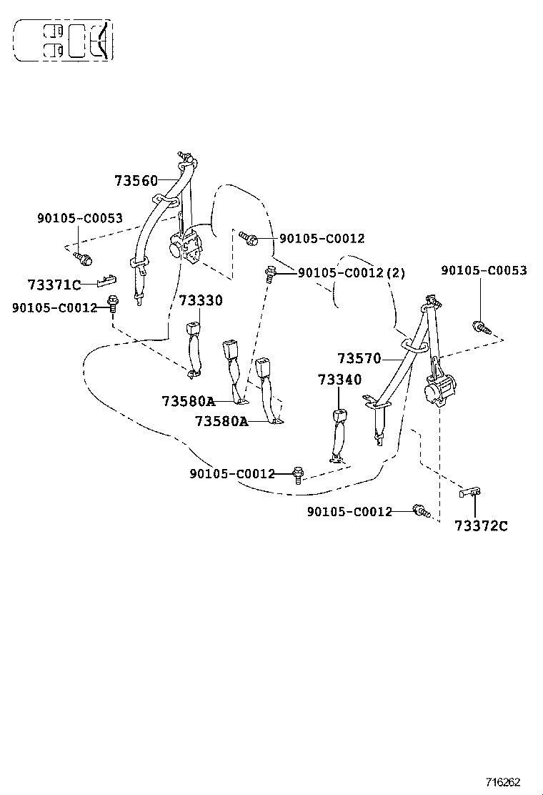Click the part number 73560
[136, 181]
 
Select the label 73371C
[54, 285]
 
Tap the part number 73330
[200, 301]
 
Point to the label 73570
[359, 358]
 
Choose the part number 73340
[340, 380]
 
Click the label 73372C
[481, 526]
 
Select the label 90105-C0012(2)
[351, 272]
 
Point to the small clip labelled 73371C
[106, 279]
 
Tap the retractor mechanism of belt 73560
[187, 250]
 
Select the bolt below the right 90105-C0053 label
[480, 328]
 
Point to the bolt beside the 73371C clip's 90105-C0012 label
[112, 303]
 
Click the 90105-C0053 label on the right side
[484, 270]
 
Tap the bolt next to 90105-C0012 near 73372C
[421, 510]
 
